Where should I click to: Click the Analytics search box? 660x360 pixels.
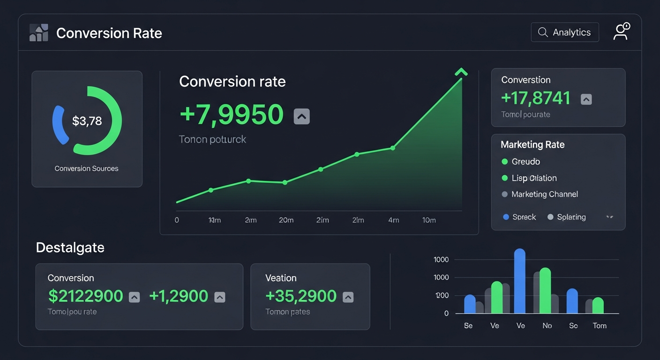[564, 32]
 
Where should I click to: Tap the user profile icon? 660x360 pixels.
[621, 32]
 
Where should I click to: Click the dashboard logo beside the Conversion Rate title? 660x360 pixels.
[38, 33]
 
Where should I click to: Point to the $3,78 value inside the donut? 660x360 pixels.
[87, 121]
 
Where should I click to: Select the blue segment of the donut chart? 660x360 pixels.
[59, 124]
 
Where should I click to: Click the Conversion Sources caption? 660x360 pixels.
[86, 168]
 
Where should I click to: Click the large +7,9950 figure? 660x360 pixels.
[232, 114]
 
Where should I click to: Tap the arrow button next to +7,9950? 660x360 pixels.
[301, 116]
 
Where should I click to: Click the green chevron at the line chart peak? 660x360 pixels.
[461, 72]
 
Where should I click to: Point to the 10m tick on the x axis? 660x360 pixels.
[428, 220]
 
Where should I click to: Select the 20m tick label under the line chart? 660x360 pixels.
[286, 220]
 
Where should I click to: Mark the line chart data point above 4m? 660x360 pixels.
[393, 148]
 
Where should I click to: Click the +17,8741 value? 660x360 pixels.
[536, 98]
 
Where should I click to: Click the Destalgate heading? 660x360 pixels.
[70, 247]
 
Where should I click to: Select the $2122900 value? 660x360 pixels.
[86, 296]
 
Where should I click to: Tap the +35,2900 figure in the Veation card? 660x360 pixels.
[301, 296]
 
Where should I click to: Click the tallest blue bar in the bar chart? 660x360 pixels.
[519, 281]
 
